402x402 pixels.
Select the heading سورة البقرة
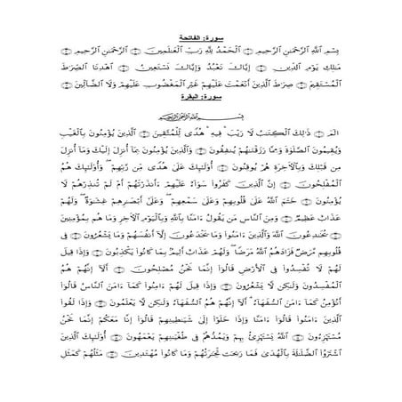[201, 97]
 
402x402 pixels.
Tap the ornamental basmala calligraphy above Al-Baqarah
[201, 114]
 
